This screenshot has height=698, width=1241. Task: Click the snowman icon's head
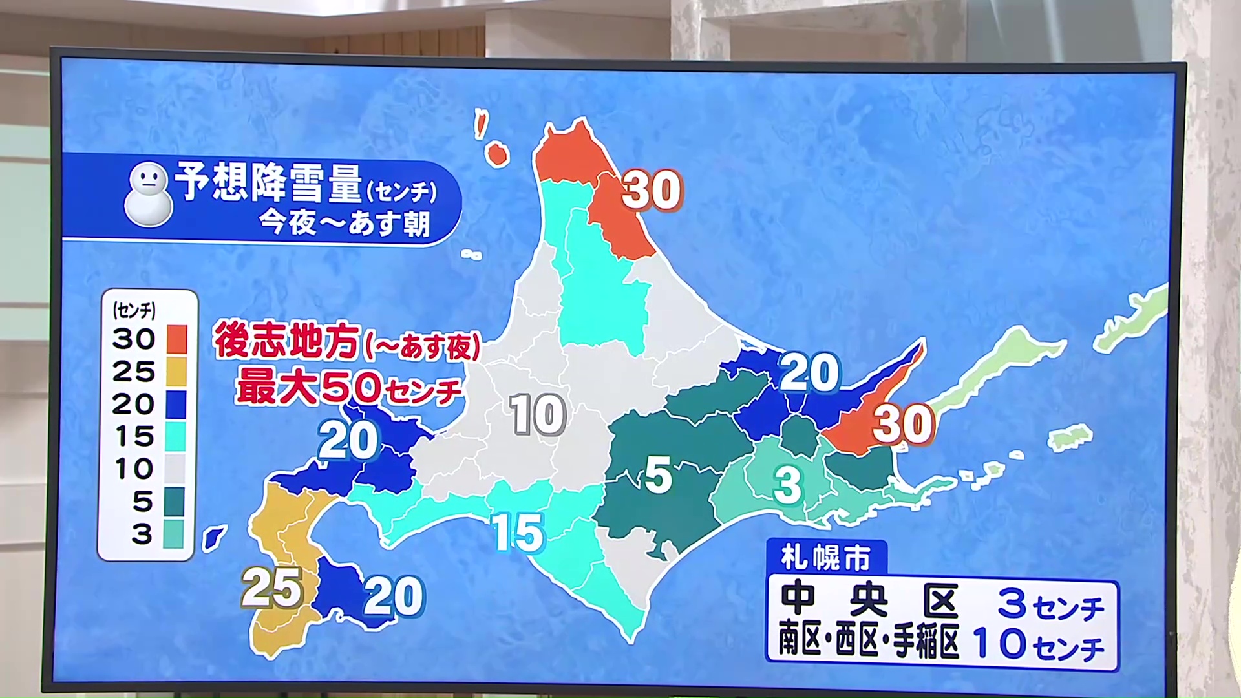(149, 180)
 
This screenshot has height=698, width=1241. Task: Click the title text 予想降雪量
(268, 182)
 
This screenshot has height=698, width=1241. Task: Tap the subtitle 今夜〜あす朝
(344, 224)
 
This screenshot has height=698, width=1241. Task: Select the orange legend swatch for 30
(176, 339)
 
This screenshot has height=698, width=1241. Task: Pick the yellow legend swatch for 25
(176, 372)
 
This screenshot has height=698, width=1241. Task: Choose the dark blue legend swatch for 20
(176, 404)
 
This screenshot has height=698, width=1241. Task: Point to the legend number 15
(134, 437)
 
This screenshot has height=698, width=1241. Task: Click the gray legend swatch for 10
(176, 469)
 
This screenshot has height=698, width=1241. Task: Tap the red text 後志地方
(286, 341)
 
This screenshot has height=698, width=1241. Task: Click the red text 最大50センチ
(349, 388)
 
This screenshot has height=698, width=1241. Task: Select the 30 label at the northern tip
(652, 190)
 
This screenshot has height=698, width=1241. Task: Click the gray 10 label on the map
(537, 414)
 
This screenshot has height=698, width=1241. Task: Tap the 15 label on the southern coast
(518, 533)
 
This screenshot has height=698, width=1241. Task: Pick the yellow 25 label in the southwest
(272, 588)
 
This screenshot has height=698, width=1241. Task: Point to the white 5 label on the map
(658, 476)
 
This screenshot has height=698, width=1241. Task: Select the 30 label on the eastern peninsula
(903, 424)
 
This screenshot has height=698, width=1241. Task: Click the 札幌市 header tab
(825, 558)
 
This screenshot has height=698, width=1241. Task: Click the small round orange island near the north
(496, 154)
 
